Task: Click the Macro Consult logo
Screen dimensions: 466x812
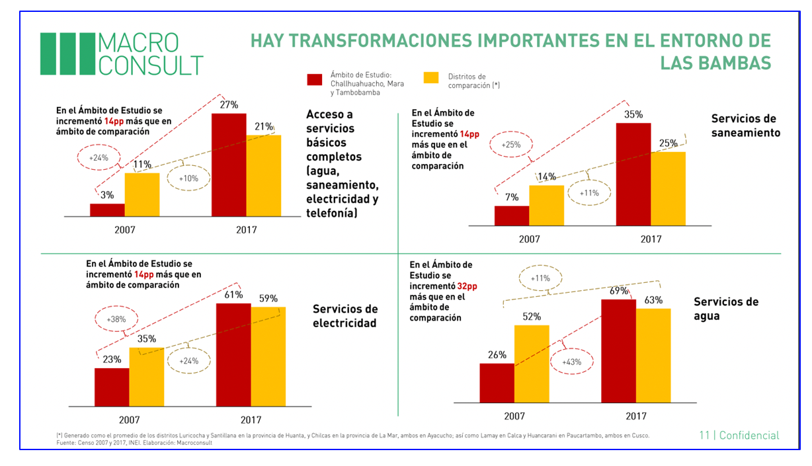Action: click(x=121, y=54)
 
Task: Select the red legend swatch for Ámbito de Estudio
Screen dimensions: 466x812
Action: click(x=315, y=79)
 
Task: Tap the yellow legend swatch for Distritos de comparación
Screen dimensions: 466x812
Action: click(x=430, y=78)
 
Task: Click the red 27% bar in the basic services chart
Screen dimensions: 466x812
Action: click(x=229, y=165)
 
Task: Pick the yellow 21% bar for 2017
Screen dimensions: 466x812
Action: click(x=263, y=176)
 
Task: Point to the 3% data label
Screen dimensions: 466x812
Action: click(x=107, y=195)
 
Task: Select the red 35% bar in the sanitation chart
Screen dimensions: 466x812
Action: click(x=633, y=175)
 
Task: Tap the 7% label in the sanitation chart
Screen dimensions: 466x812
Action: click(x=512, y=198)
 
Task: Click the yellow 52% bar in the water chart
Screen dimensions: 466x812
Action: click(x=532, y=364)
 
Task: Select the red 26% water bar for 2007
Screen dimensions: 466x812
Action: click(x=497, y=383)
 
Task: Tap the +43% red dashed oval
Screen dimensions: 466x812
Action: click(x=572, y=363)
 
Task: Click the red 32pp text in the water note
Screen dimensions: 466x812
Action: click(x=466, y=286)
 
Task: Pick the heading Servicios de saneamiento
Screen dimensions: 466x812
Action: click(x=745, y=126)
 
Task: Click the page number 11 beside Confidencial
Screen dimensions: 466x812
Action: click(x=704, y=436)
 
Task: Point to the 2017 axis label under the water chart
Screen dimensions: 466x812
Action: click(x=635, y=416)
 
